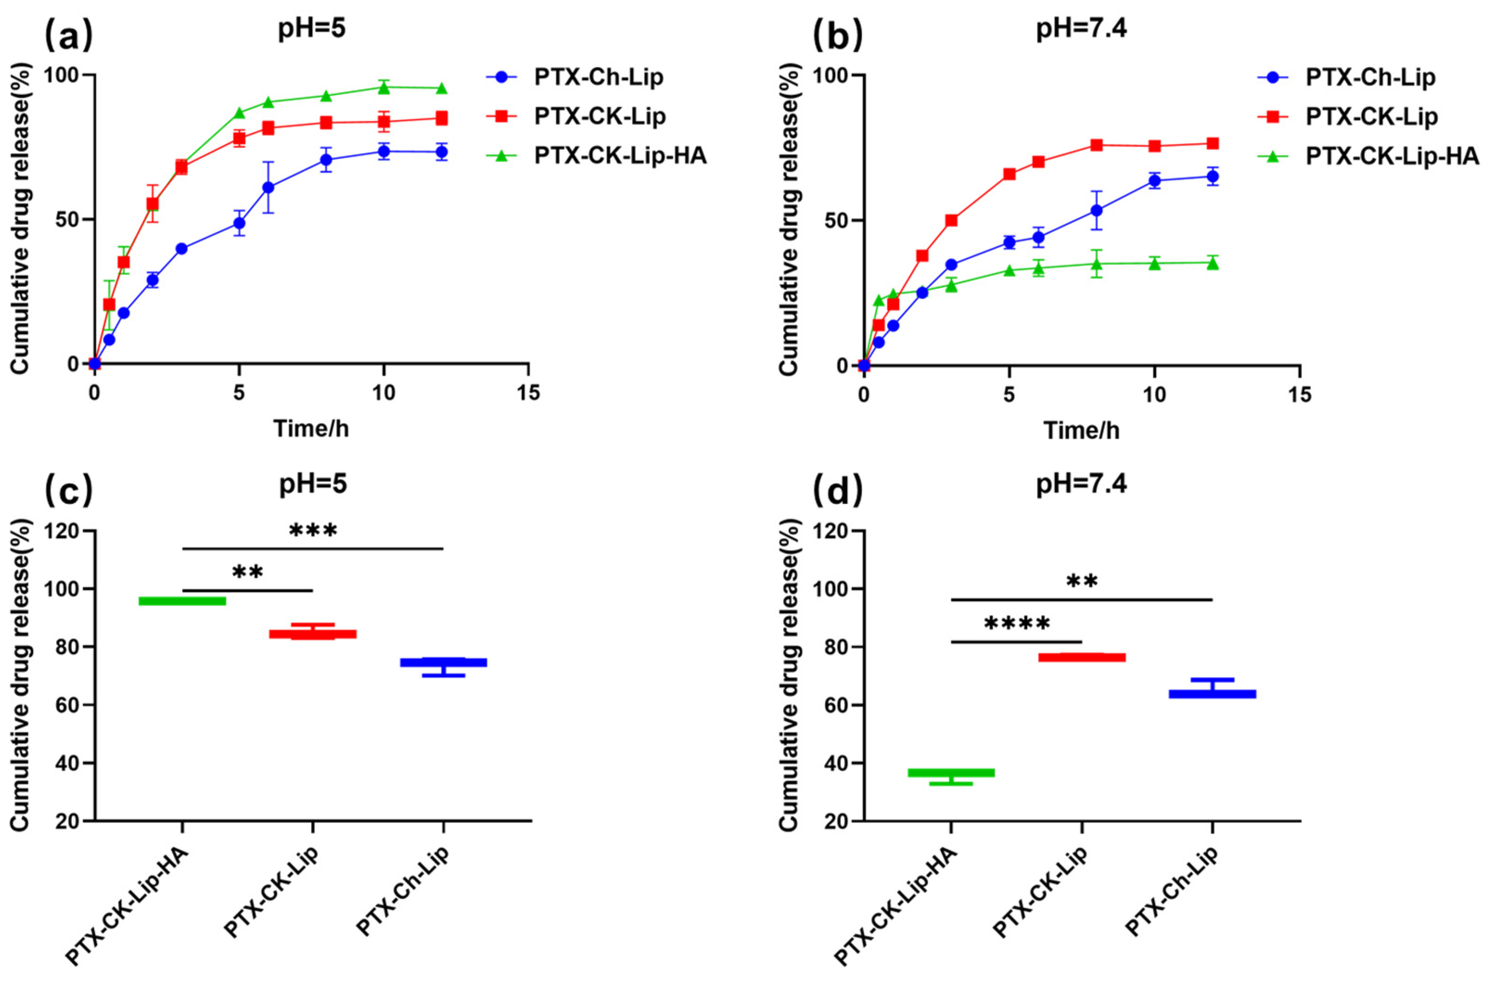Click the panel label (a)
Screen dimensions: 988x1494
(68, 36)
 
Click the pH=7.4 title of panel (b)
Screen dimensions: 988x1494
(1081, 30)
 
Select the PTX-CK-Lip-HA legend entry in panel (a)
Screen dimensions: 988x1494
(620, 155)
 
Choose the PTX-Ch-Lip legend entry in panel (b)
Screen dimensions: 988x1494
(1370, 77)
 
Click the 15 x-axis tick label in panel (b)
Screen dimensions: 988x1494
(1299, 395)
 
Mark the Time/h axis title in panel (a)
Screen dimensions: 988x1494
(311, 428)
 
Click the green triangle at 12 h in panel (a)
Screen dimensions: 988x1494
(442, 88)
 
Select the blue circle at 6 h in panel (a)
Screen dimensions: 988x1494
(268, 187)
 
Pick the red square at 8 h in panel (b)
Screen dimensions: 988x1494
(1097, 145)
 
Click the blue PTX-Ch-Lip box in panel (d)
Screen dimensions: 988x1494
(1213, 694)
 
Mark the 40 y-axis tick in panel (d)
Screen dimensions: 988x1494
(838, 763)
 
